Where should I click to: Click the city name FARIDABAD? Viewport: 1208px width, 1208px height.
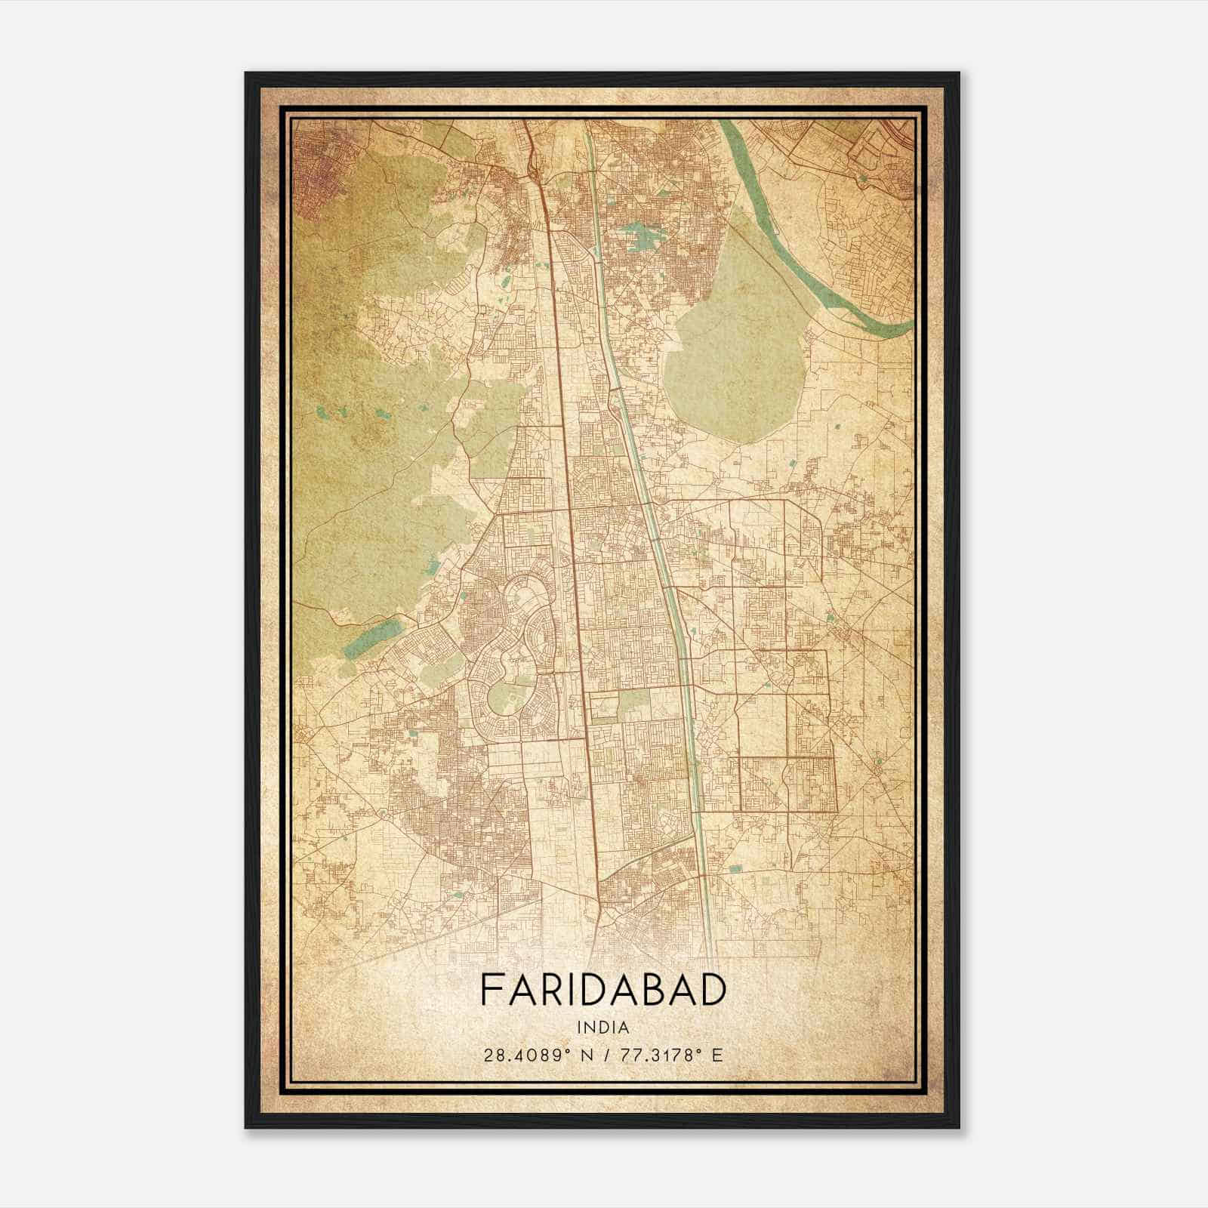click(x=602, y=991)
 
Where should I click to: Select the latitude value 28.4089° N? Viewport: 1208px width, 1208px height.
click(x=538, y=1055)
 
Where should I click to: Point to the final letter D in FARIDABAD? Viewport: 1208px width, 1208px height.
click(x=713, y=991)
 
